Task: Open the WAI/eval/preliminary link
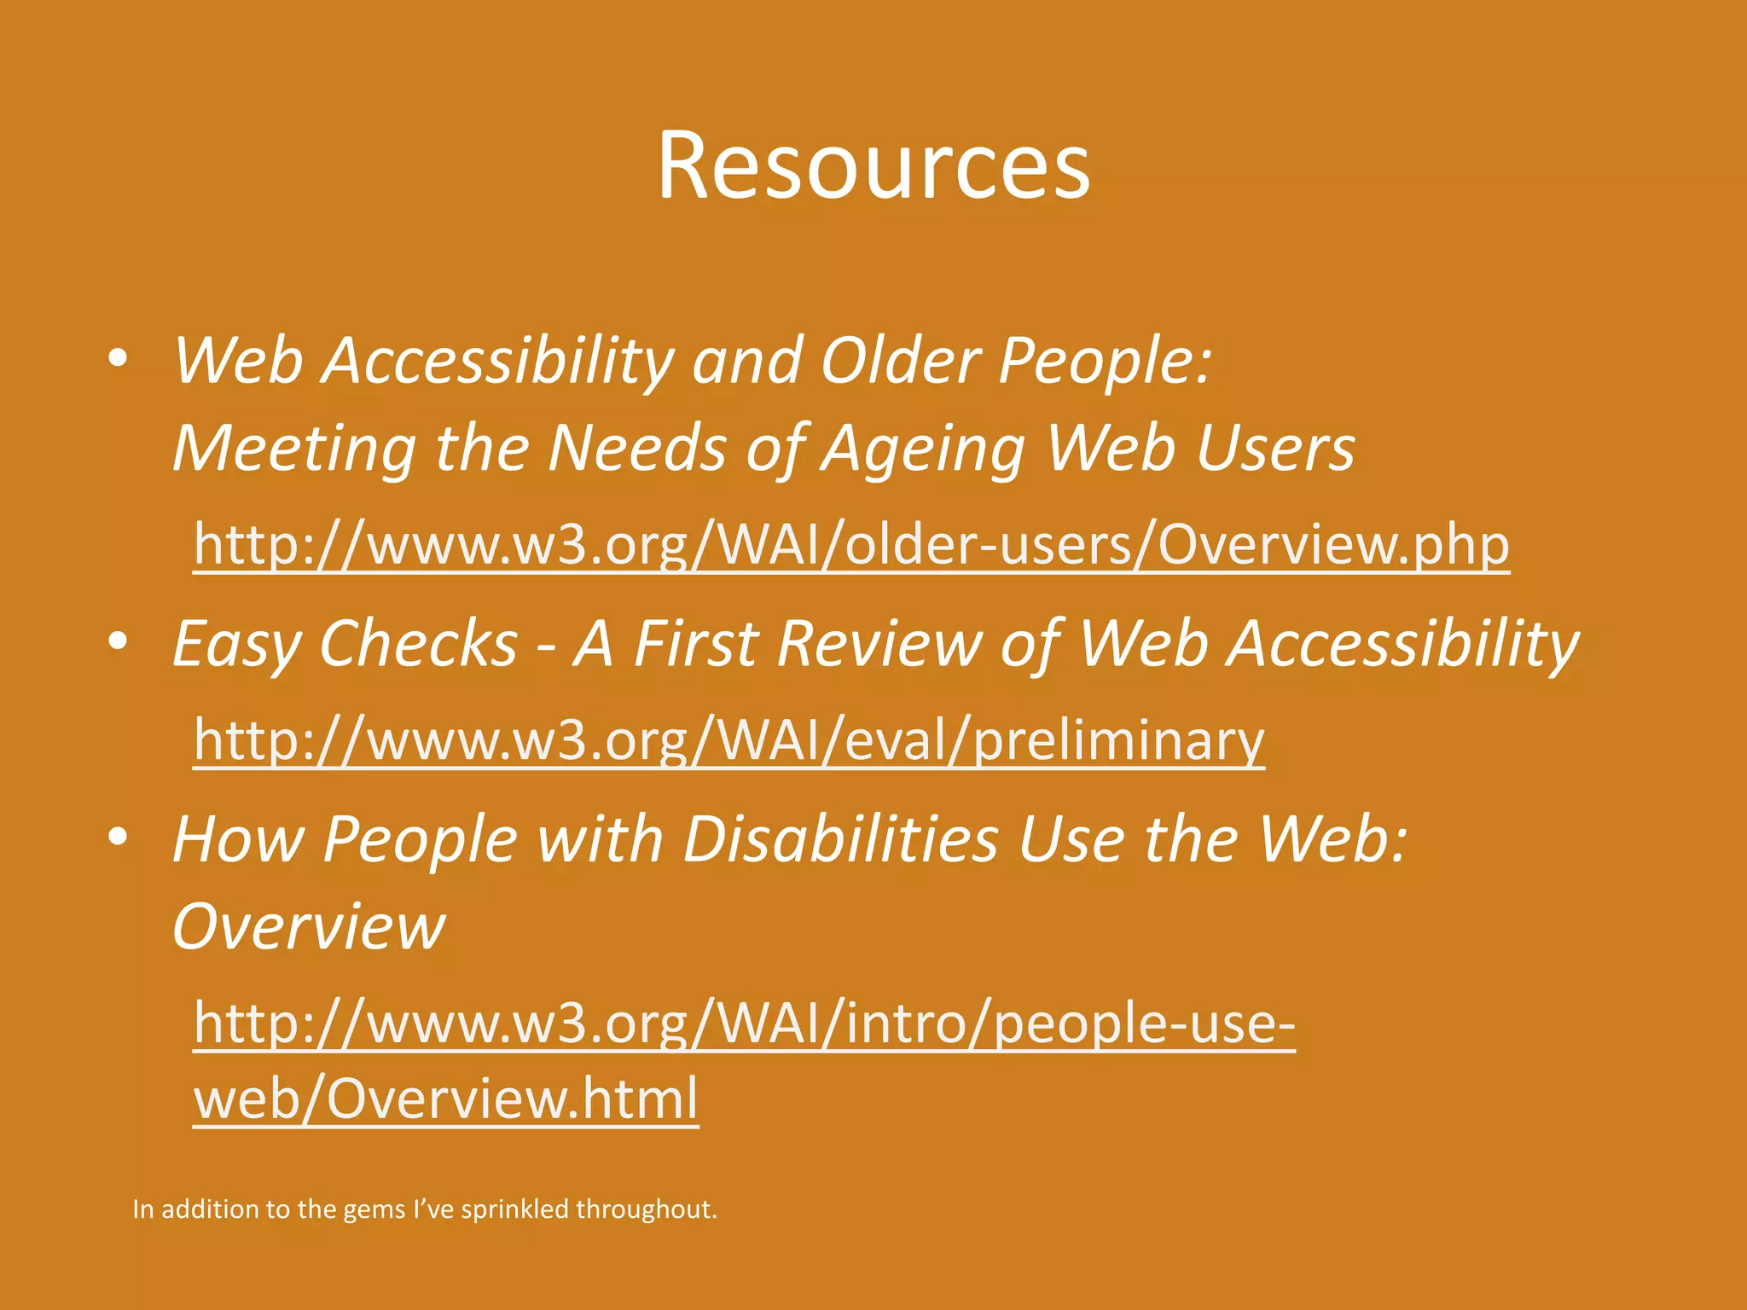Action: (728, 739)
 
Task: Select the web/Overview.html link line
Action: (445, 1098)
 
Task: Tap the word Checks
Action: (418, 643)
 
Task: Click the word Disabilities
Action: (840, 839)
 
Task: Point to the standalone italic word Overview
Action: (308, 926)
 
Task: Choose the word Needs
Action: (637, 449)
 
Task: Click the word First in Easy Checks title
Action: (695, 643)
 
